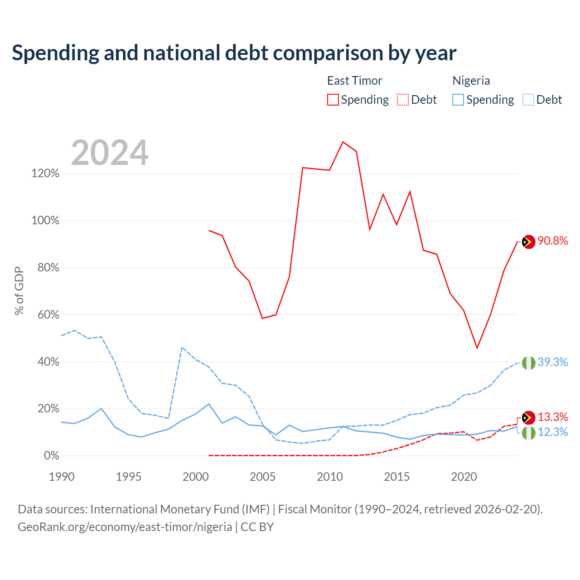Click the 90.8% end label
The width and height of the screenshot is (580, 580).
(x=552, y=241)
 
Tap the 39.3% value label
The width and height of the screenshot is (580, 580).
(x=552, y=362)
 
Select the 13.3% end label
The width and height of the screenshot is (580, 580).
(x=552, y=417)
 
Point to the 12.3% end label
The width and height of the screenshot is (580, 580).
(x=552, y=432)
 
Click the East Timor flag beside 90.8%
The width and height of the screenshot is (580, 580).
(x=528, y=242)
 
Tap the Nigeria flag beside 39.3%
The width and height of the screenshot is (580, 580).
(x=528, y=362)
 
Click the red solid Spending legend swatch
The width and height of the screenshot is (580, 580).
(x=333, y=100)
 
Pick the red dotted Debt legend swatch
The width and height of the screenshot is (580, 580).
(x=403, y=100)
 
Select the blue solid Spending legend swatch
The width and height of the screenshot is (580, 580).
(x=458, y=100)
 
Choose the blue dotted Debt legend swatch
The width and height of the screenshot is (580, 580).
(x=528, y=100)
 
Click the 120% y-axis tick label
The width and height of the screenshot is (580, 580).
(x=45, y=174)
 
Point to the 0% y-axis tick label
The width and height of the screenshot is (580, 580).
(x=52, y=455)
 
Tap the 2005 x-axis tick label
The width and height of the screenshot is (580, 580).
(x=262, y=477)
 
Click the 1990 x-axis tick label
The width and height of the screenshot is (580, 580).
(x=62, y=477)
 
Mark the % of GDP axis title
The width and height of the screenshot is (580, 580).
(x=19, y=291)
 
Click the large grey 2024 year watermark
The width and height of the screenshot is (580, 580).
(x=110, y=153)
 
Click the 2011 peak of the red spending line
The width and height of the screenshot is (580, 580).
(x=343, y=142)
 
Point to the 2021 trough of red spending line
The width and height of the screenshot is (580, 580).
(x=477, y=348)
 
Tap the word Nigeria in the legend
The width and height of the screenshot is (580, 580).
(x=471, y=81)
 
